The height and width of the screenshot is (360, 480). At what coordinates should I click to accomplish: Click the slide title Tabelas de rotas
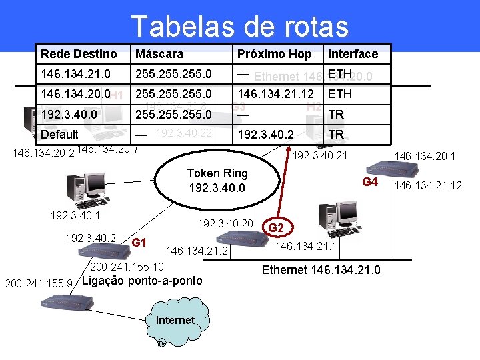pyautogui.click(x=240, y=26)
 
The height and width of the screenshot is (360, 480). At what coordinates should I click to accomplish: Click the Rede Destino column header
pyautogui.click(x=79, y=54)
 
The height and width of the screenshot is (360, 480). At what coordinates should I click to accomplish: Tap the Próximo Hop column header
pyautogui.click(x=274, y=54)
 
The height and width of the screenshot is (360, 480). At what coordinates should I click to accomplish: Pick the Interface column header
pyautogui.click(x=353, y=54)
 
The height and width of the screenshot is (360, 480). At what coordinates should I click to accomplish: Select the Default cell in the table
pyautogui.click(x=60, y=134)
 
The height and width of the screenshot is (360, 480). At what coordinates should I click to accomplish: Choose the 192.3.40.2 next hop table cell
pyautogui.click(x=267, y=134)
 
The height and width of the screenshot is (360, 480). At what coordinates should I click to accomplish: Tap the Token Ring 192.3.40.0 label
pyautogui.click(x=217, y=181)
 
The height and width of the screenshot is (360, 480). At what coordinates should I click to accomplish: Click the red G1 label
pyautogui.click(x=139, y=242)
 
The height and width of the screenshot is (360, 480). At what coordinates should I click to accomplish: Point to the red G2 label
pyautogui.click(x=276, y=228)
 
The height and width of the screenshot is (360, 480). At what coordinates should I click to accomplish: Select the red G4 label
pyautogui.click(x=370, y=182)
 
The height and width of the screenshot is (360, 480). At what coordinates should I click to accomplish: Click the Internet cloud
pyautogui.click(x=175, y=320)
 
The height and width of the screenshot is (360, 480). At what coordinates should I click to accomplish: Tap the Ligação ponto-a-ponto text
pyautogui.click(x=141, y=280)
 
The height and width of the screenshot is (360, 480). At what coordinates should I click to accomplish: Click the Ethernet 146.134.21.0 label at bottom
pyautogui.click(x=321, y=270)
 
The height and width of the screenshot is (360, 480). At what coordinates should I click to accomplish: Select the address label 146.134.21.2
pyautogui.click(x=197, y=251)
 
